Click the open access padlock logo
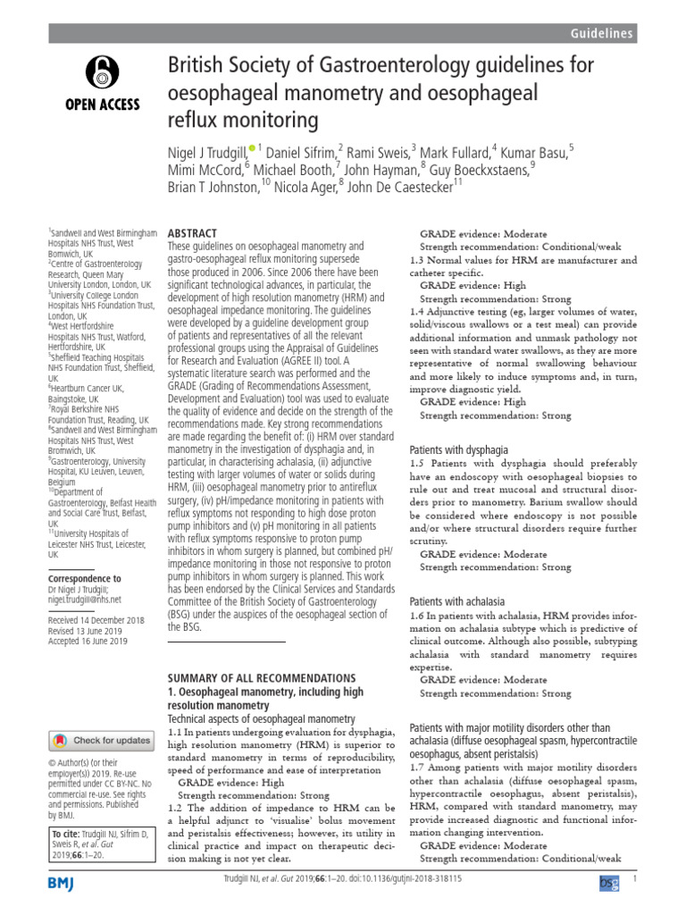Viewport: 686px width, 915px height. (101, 71)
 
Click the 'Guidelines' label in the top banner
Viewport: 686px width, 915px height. (603, 33)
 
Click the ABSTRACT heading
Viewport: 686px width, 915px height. (194, 231)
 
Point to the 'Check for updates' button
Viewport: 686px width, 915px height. (101, 740)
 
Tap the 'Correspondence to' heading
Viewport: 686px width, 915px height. (83, 579)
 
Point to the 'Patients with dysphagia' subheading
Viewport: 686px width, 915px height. (458, 450)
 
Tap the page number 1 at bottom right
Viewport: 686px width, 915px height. (633, 880)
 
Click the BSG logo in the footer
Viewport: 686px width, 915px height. (607, 883)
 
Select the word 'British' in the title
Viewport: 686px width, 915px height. (194, 64)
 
